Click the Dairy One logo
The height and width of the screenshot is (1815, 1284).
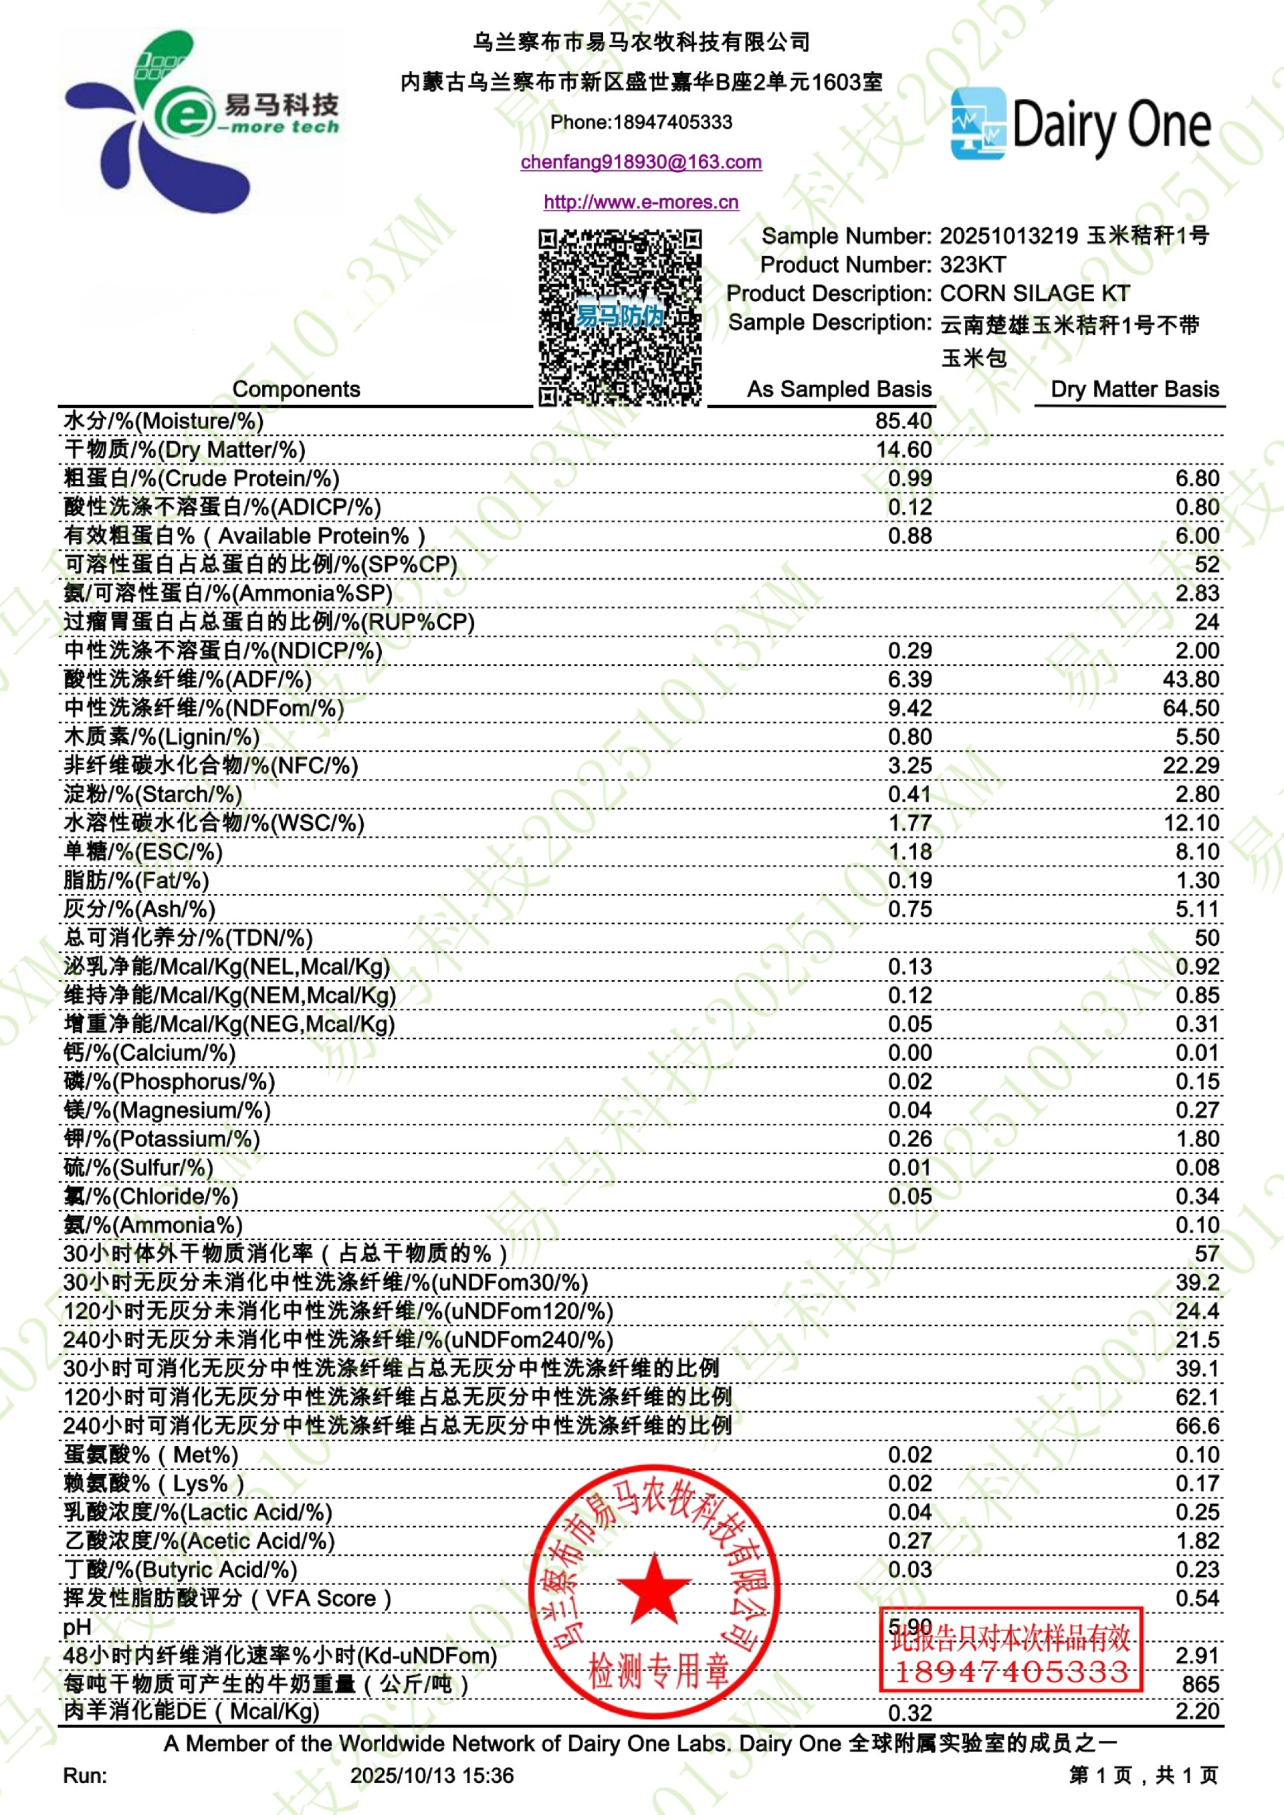pyautogui.click(x=1080, y=125)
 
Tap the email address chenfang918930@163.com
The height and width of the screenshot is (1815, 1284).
pyautogui.click(x=641, y=162)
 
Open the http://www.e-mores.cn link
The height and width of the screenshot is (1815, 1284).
pyautogui.click(x=641, y=202)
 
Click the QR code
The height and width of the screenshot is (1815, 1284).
pyautogui.click(x=620, y=317)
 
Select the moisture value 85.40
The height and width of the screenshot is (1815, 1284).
pyautogui.click(x=903, y=420)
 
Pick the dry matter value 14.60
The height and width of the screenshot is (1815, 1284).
pyautogui.click(x=903, y=449)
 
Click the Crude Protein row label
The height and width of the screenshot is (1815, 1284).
pyautogui.click(x=201, y=478)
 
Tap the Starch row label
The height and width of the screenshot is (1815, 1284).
pyautogui.click(x=152, y=794)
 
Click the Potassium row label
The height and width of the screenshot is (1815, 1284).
pyautogui.click(x=161, y=1138)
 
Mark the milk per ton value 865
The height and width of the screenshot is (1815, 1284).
pyautogui.click(x=1201, y=1684)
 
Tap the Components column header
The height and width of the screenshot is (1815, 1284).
pyautogui.click(x=296, y=389)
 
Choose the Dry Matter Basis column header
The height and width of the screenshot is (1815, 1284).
pyautogui.click(x=1135, y=389)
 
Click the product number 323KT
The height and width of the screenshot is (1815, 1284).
pyautogui.click(x=972, y=265)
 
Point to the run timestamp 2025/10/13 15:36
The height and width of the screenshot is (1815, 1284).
pyautogui.click(x=432, y=1776)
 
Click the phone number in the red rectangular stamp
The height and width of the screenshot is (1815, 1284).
pyautogui.click(x=1011, y=1672)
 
